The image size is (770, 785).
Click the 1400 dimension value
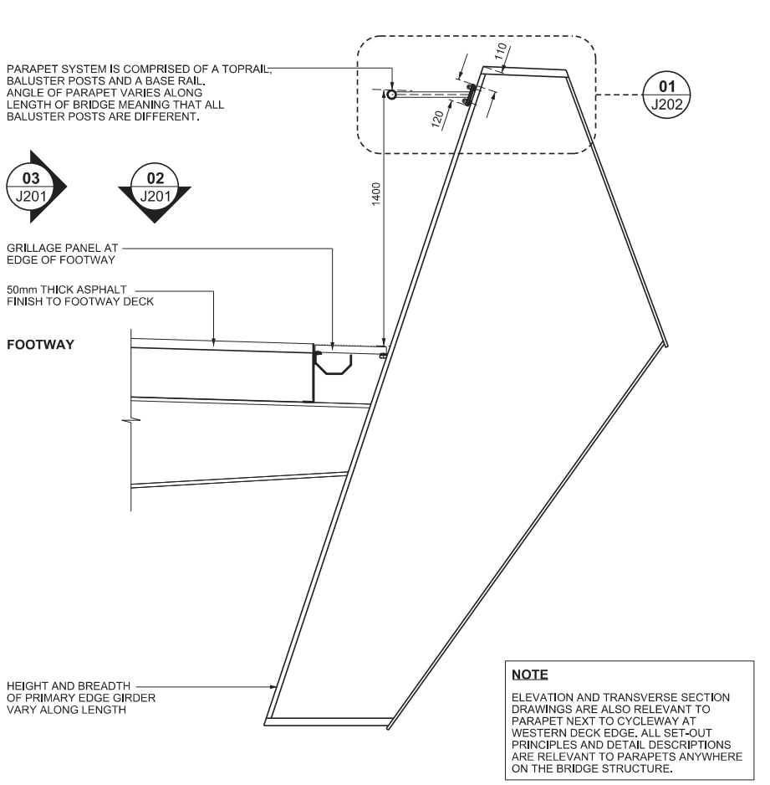(x=376, y=194)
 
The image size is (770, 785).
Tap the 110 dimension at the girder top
(x=501, y=51)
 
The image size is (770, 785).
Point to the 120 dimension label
(x=437, y=119)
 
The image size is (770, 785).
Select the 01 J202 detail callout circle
(x=666, y=95)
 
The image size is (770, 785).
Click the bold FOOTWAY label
(x=40, y=345)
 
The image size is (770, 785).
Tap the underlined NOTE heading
(x=529, y=675)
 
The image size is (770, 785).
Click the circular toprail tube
(x=391, y=94)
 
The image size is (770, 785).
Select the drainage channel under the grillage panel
(x=334, y=363)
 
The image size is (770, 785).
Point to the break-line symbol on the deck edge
(x=131, y=420)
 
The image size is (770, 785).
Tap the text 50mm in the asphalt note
(x=22, y=290)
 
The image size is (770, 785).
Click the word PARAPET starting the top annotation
(x=30, y=69)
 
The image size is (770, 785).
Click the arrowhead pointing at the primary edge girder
(x=273, y=687)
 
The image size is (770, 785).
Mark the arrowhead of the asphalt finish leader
(x=213, y=342)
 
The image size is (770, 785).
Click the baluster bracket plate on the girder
(x=470, y=95)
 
